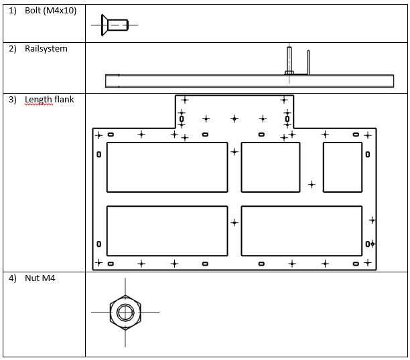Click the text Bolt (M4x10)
[x=50, y=11]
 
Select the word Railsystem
[x=46, y=49]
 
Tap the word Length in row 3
[x=38, y=100]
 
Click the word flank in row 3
[x=64, y=100]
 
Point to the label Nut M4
[x=40, y=278]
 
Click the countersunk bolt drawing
[x=115, y=25]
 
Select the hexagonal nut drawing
[x=125, y=312]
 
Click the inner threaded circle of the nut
[x=125, y=304]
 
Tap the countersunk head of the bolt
[x=105, y=25]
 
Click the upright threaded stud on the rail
[x=289, y=61]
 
